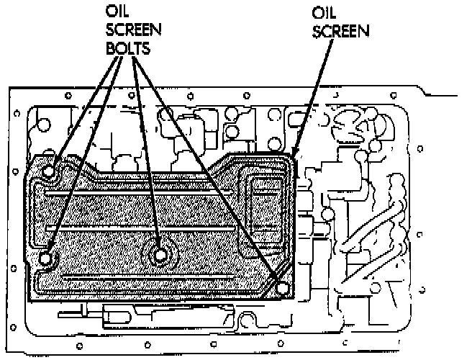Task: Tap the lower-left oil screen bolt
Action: pos(46,257)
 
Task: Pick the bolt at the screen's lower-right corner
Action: pos(281,288)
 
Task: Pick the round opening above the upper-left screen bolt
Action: pos(42,125)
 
